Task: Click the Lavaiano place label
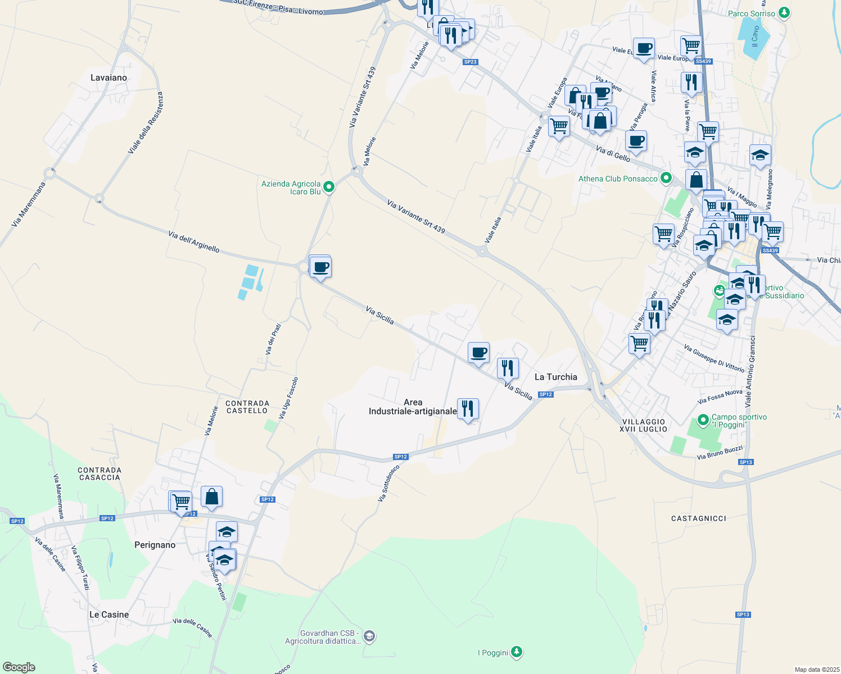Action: tap(108, 78)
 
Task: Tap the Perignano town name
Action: tap(155, 545)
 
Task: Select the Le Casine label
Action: tap(109, 614)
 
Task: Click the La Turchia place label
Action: tap(555, 377)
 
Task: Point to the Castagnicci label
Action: tap(698, 518)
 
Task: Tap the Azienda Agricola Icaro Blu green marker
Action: tap(329, 187)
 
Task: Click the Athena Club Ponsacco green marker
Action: tap(666, 178)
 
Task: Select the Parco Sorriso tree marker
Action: tap(784, 13)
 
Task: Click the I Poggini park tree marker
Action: tap(517, 652)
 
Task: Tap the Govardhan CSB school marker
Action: tap(369, 636)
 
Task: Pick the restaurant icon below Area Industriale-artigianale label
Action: tap(468, 409)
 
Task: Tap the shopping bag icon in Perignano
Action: tap(211, 497)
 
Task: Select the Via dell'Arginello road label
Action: tap(193, 242)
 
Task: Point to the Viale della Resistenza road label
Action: tap(145, 123)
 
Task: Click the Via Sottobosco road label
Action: tap(388, 483)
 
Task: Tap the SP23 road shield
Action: tap(470, 62)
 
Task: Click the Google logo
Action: tap(19, 667)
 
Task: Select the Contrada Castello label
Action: tap(247, 407)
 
